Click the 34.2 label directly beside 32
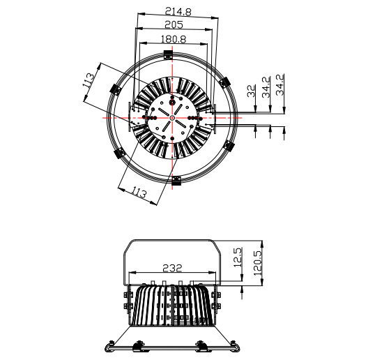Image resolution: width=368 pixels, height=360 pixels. pos(266,88)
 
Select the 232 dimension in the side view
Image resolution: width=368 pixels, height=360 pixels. pos(173,267)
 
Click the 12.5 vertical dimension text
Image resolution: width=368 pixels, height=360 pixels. pos(238,260)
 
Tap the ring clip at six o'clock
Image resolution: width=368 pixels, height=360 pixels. pos(176,181)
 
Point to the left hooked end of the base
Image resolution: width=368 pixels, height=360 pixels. pos(109,345)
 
